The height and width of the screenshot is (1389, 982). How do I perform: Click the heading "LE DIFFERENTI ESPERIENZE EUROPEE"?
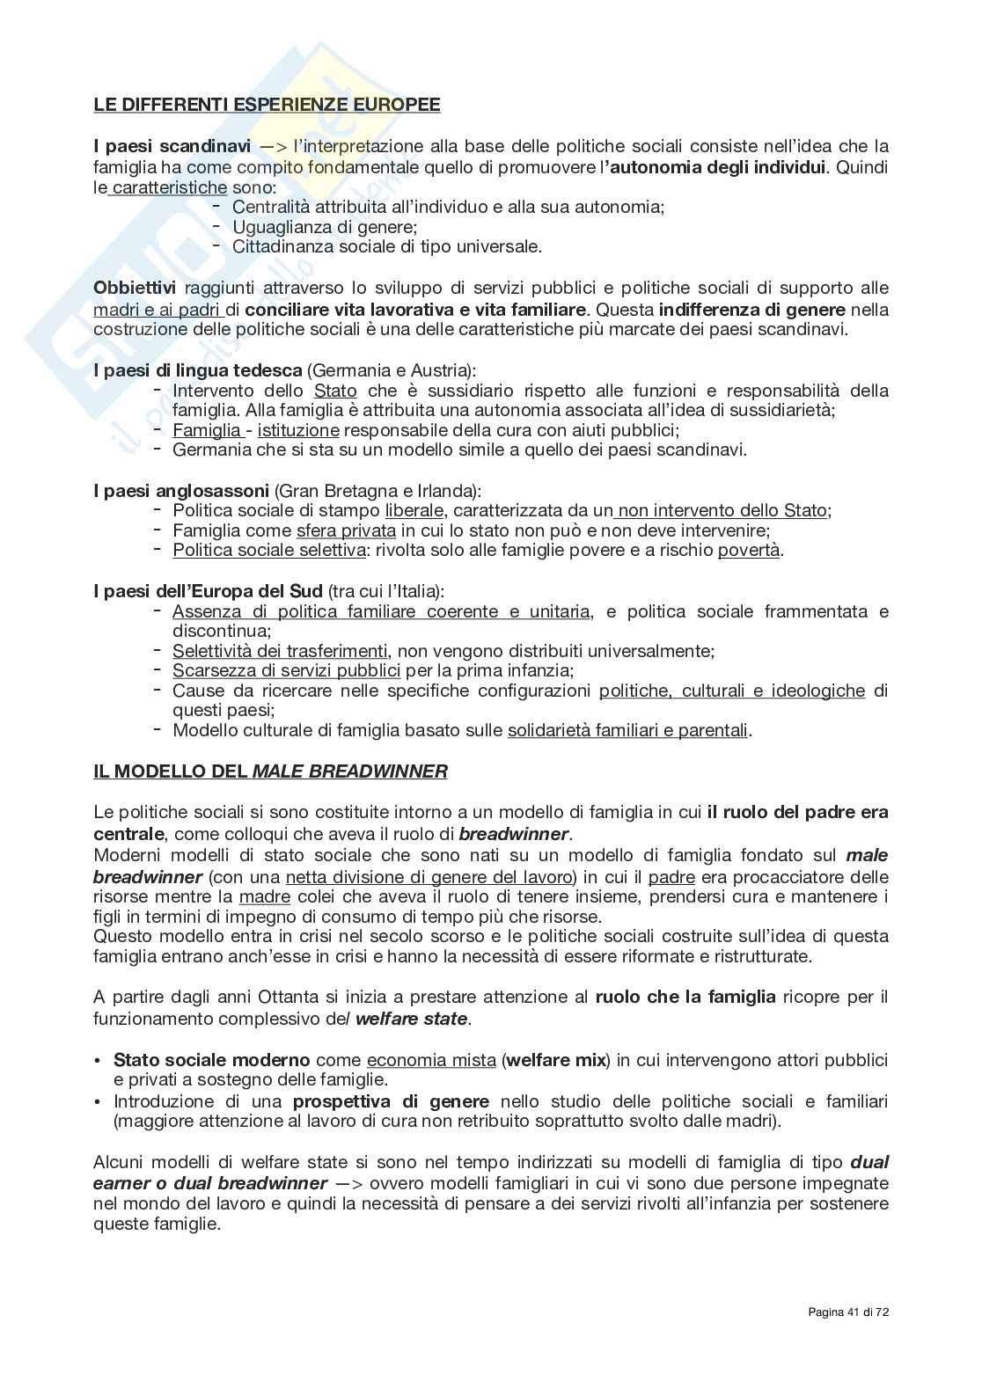[x=267, y=105]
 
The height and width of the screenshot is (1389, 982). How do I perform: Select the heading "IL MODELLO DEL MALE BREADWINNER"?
[x=270, y=771]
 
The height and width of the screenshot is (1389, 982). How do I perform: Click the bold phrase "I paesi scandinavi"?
[x=172, y=146]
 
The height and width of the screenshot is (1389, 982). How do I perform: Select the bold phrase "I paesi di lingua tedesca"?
[x=198, y=370]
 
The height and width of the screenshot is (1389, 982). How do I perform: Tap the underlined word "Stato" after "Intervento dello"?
[x=335, y=391]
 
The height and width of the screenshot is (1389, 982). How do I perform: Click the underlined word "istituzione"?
[x=298, y=430]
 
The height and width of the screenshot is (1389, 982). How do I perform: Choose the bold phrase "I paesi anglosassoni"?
[x=181, y=490]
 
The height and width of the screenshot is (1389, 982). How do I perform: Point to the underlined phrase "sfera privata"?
[x=346, y=530]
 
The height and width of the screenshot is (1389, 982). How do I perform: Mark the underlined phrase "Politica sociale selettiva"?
[x=268, y=551]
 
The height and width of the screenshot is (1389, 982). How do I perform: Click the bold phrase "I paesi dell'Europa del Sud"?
[x=208, y=591]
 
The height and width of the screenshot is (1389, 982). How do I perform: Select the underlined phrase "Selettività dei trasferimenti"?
[x=280, y=651]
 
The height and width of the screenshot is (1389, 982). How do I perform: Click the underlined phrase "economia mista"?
[x=431, y=1060]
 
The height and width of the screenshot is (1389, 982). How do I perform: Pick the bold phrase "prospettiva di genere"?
[x=391, y=1101]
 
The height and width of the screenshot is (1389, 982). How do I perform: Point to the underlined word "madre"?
[x=264, y=896]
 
